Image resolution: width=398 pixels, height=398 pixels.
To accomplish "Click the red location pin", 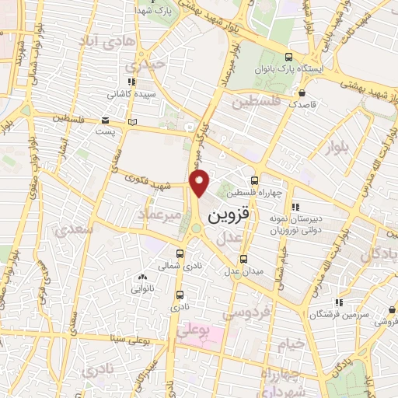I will coord(201,183).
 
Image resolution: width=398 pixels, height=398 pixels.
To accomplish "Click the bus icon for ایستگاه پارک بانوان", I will coord(290,57).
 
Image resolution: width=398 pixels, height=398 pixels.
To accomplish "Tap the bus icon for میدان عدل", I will coord(245,258).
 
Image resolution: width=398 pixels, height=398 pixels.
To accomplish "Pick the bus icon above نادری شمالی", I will coord(180,253).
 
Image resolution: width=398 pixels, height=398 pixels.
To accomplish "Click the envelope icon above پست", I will coord(105,120).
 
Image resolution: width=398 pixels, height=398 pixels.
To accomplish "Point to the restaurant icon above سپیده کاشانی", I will coord(131,81).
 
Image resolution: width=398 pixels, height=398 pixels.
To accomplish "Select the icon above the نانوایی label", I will coord(141,277).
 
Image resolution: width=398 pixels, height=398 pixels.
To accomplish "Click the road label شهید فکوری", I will coord(153,184).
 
